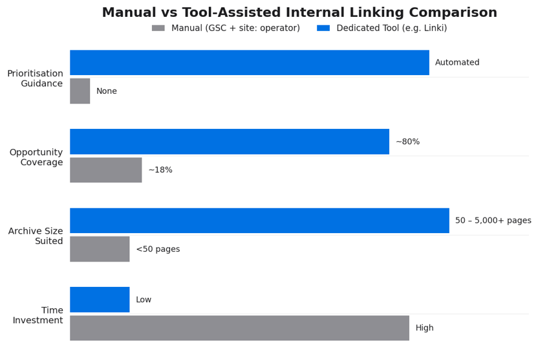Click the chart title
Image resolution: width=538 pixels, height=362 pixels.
coord(299,13)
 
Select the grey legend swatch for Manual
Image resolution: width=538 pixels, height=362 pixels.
coord(158,28)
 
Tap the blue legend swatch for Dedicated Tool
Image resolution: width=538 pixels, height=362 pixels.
coord(323,28)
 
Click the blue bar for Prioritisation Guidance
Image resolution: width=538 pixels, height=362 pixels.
coord(249,63)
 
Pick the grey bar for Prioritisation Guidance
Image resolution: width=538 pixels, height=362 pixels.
coord(80,91)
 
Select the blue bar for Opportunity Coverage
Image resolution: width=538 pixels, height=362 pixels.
coord(230,142)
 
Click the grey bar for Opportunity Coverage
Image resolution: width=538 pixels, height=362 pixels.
coord(106,170)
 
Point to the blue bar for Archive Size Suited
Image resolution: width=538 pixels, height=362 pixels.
coord(259,221)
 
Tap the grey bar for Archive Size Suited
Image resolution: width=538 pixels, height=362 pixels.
coord(100,249)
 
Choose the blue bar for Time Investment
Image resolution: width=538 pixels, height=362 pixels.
coord(100,300)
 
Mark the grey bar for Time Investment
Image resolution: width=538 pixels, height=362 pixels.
coord(239,328)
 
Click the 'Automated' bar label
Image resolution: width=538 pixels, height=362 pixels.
coord(457,63)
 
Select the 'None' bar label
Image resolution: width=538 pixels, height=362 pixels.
coord(107,91)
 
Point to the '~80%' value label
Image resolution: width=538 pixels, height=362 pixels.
coord(407,142)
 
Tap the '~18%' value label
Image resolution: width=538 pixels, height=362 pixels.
coord(160,170)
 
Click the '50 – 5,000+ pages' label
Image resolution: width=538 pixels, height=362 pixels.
coord(493,221)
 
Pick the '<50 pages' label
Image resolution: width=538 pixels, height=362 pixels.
coord(158,249)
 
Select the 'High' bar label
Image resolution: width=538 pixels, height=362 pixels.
coord(424,328)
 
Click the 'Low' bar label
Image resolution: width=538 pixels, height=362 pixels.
coord(144,300)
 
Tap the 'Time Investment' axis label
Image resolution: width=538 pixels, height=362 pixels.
coord(38,315)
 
